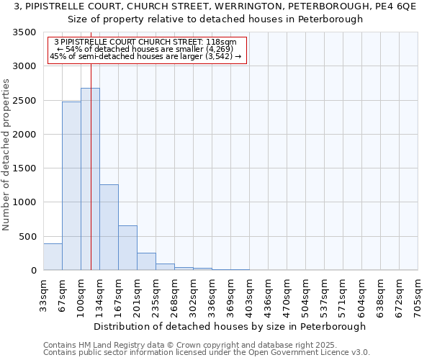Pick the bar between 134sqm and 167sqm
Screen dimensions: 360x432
point(109,228)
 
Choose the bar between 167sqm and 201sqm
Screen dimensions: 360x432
point(127,248)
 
